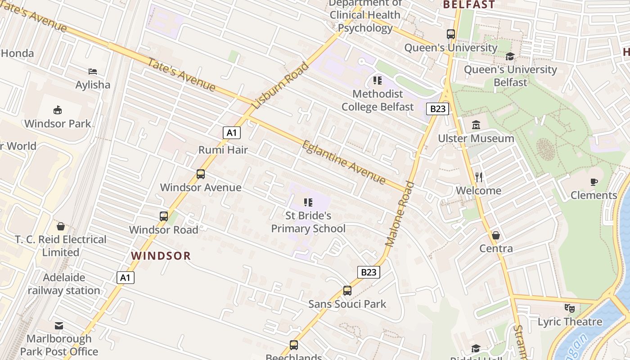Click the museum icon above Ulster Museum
click(476, 125)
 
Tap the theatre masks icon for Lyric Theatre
click(570, 308)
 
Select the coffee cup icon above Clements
click(594, 182)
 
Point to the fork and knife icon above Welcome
click(479, 177)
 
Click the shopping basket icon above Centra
click(496, 235)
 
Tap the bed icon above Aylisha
click(93, 72)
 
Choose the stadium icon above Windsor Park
click(58, 110)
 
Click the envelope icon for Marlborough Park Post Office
click(59, 325)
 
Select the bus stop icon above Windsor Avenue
click(201, 174)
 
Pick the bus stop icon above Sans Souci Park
click(347, 291)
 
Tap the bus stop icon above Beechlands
click(294, 345)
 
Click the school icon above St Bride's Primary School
click(308, 202)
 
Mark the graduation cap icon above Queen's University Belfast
click(510, 56)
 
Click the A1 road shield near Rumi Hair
click(231, 133)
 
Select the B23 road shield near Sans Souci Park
click(369, 272)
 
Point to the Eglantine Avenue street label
click(344, 162)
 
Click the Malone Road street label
click(400, 214)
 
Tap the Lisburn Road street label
click(281, 85)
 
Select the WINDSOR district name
click(161, 256)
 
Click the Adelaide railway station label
click(64, 284)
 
